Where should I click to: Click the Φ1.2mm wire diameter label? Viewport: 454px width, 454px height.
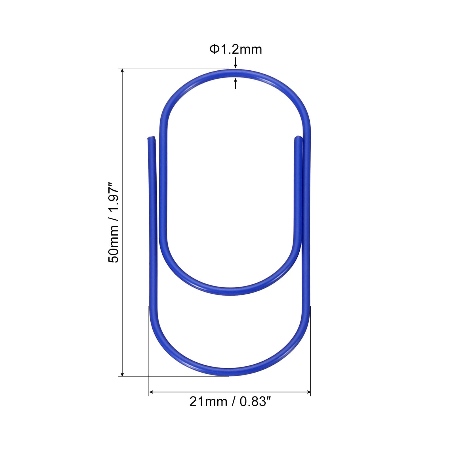236,49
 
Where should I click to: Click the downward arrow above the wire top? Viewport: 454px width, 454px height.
236,63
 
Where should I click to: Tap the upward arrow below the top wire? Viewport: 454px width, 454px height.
236,83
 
